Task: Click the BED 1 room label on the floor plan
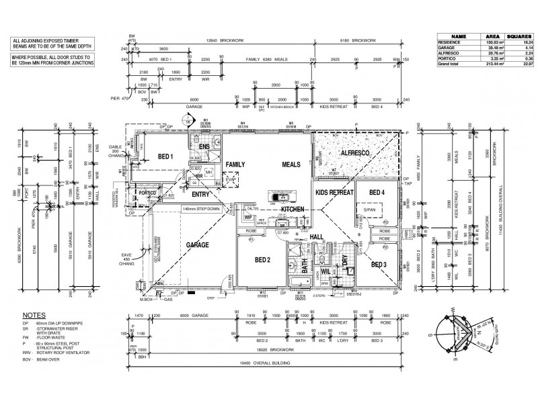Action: click(x=165, y=157)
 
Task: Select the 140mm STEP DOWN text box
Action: click(x=183, y=210)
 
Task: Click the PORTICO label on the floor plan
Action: click(x=148, y=193)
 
